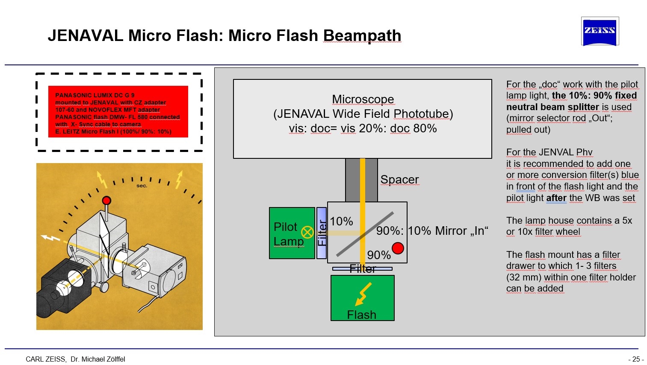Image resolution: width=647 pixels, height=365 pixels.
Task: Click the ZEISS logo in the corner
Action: coord(600,31)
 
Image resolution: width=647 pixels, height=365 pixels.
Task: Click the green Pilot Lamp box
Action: coord(292,233)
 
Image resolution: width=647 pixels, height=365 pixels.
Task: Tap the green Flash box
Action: coord(362,298)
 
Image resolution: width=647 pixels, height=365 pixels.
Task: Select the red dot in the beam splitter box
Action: coord(398,248)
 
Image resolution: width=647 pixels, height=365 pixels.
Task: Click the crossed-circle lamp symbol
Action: coord(307,232)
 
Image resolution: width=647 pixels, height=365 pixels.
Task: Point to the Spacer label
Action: coord(399,180)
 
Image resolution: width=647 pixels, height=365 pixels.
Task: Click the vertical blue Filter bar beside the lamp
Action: coord(322,233)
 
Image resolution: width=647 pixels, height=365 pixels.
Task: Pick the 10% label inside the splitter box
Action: coord(341,222)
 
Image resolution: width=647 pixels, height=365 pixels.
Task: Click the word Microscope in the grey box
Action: coord(363,99)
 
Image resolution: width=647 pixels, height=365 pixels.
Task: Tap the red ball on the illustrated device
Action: coord(106,201)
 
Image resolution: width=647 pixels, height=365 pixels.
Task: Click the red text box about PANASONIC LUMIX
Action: coord(118,112)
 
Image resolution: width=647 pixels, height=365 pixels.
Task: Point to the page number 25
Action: coord(636,359)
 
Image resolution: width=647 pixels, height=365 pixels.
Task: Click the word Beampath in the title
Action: coord(362,35)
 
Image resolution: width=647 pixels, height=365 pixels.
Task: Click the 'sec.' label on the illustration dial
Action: coord(142,186)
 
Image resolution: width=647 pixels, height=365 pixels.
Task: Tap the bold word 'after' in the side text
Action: coord(556,198)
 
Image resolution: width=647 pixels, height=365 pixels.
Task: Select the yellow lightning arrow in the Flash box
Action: coord(363,294)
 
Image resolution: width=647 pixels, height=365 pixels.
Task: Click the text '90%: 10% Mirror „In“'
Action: coord(432,231)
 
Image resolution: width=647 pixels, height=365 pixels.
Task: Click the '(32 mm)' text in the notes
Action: coord(523,277)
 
